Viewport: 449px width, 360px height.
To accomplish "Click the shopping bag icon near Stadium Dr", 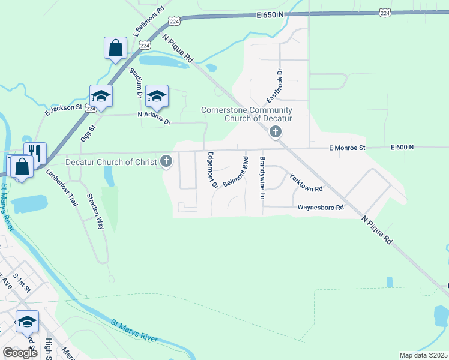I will [x=115, y=48].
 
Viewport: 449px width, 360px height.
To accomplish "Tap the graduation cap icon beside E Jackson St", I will [x=101, y=96].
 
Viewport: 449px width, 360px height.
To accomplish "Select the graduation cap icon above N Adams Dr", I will [x=157, y=96].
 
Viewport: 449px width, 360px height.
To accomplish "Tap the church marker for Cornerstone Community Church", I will [x=276, y=131].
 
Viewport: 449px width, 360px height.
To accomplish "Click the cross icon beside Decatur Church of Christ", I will [x=167, y=161].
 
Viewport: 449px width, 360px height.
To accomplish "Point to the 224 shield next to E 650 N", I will [x=385, y=13].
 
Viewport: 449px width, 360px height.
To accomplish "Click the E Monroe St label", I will [x=347, y=148].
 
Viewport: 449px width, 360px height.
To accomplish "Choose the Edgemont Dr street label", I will [x=212, y=170].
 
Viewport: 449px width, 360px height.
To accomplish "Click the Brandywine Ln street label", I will [x=262, y=177].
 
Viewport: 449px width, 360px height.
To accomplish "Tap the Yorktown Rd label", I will [x=306, y=183].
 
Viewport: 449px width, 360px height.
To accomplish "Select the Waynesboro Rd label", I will [x=321, y=208].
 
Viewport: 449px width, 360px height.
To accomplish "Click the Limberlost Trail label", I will [x=62, y=188].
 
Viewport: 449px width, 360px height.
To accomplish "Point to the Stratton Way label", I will [x=95, y=211].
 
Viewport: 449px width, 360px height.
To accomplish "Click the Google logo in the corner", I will [x=20, y=353].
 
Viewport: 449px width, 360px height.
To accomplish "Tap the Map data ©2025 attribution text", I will [x=423, y=355].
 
